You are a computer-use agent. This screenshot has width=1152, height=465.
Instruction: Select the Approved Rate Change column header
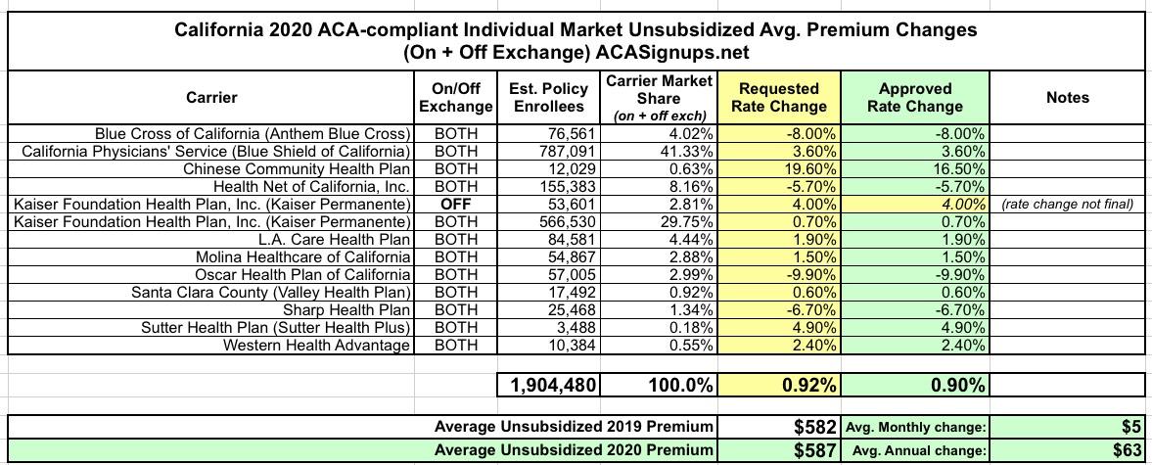coord(915,97)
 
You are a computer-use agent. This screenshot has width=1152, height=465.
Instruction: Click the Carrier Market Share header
coord(659,97)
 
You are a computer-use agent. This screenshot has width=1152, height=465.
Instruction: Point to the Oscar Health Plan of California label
coord(303,274)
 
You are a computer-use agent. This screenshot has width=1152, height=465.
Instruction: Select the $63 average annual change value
coord(1125,450)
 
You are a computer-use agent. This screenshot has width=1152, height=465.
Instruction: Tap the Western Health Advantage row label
coord(316,345)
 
